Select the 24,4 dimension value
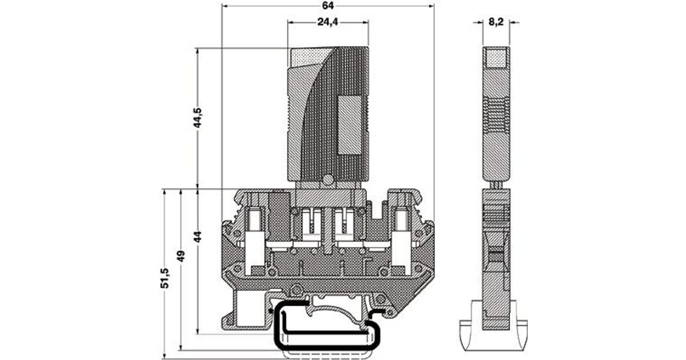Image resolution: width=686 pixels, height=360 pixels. click(327, 23)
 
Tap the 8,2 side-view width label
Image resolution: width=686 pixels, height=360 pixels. click(496, 23)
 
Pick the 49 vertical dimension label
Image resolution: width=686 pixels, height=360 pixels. click(182, 255)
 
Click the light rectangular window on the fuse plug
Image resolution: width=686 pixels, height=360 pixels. click(350, 125)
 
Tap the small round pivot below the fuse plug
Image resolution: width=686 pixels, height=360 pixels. click(327, 180)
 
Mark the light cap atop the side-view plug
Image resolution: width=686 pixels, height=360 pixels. click(496, 57)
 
